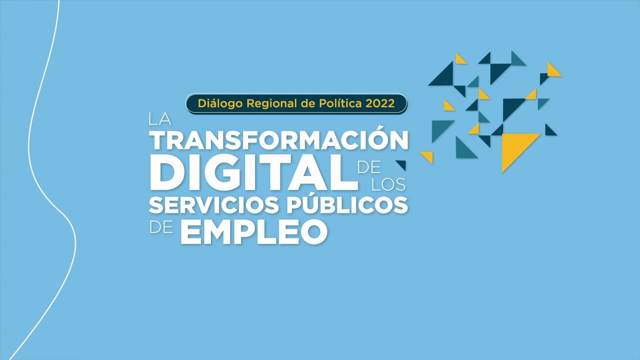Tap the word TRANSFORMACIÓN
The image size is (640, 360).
[x=280, y=140]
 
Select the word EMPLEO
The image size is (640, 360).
[x=253, y=232]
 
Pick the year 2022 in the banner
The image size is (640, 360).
[x=380, y=103]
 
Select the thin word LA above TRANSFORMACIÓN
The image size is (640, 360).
[x=160, y=120]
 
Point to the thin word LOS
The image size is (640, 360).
[x=388, y=184]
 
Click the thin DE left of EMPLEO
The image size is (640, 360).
[x=161, y=228]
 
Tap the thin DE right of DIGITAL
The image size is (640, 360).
[x=369, y=166]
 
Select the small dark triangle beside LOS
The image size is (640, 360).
[x=401, y=164]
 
